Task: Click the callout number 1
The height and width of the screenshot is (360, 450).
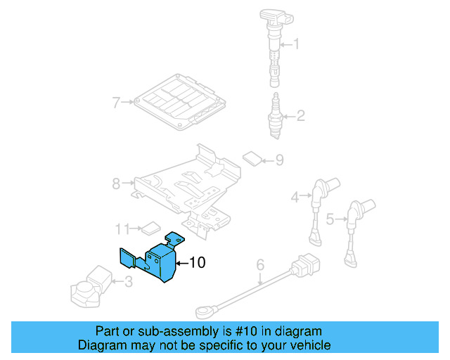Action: click(295, 45)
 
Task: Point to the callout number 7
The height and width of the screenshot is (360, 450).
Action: click(117, 103)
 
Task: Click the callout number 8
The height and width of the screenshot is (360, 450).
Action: click(116, 184)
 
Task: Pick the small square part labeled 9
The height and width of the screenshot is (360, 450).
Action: click(251, 157)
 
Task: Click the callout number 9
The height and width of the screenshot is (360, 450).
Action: click(279, 160)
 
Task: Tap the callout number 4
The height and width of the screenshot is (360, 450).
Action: click(297, 198)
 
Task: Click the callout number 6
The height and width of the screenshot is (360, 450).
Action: click(259, 265)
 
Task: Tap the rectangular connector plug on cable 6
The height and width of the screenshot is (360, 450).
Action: click(308, 267)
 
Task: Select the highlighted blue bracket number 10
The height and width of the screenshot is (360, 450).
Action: click(155, 260)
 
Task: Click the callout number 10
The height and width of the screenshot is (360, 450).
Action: click(198, 263)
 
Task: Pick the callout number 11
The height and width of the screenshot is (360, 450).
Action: click(122, 229)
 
